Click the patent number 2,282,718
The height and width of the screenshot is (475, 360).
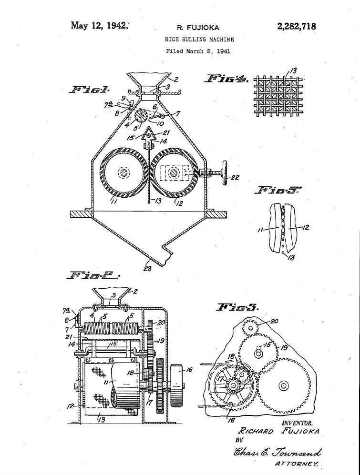coord(296,26)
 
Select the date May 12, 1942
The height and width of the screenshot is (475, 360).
coord(100,25)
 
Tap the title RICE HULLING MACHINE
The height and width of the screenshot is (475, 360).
coord(199,40)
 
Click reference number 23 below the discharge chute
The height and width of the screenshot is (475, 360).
coord(147,269)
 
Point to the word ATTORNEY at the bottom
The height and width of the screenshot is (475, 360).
coord(296,463)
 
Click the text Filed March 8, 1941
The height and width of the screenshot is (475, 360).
coord(198,51)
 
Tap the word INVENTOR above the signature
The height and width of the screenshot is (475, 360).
coord(297,423)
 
